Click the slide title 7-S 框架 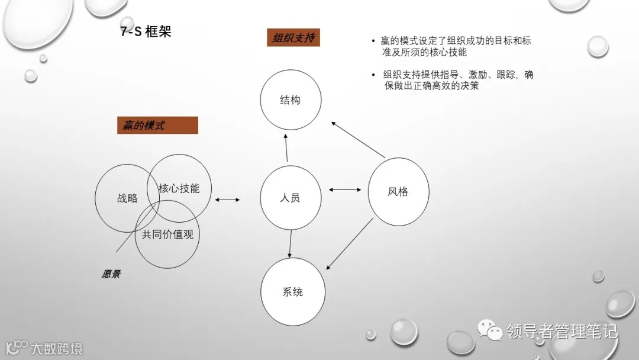146,32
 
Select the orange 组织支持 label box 293,38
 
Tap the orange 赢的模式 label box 157,126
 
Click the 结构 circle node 290,100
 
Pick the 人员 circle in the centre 290,197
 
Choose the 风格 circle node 398,191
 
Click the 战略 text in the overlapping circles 127,198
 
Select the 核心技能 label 179,188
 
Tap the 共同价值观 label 167,234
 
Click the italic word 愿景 111,274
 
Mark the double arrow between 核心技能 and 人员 228,200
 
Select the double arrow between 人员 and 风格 345,190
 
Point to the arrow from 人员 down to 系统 291,243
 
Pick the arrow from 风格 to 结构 359,140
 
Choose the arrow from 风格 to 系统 350,243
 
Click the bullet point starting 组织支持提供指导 457,80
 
